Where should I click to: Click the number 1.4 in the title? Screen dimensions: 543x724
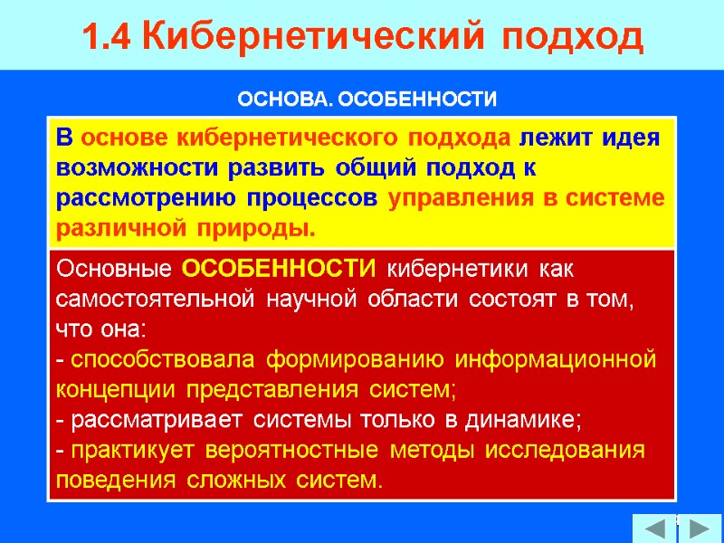point(109,37)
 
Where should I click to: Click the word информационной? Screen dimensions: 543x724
point(566,361)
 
